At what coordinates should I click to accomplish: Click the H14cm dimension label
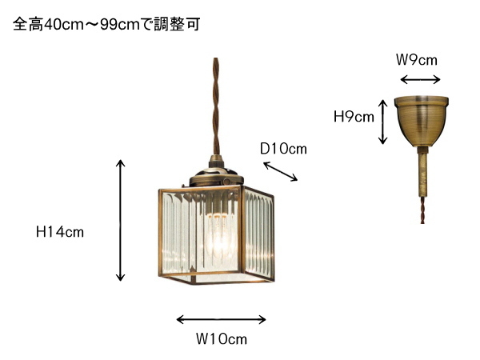(60, 232)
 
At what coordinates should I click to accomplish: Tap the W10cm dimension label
(222, 339)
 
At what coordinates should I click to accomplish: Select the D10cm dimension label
(283, 149)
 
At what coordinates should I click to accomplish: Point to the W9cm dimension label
(417, 60)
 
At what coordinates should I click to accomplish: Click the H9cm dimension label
(354, 117)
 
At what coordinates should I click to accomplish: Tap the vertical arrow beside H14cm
(121, 220)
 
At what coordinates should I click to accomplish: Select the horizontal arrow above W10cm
(221, 319)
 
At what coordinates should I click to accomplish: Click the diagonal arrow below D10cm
(281, 171)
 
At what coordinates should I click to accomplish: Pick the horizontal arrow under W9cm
(420, 80)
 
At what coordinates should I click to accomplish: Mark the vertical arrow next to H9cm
(382, 122)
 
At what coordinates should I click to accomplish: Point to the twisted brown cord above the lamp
(216, 106)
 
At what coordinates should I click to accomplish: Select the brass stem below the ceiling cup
(422, 172)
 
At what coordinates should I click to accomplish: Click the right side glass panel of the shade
(258, 234)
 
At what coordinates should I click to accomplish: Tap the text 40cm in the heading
(64, 25)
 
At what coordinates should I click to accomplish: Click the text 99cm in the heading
(120, 25)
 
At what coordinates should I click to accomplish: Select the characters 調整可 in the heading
(177, 24)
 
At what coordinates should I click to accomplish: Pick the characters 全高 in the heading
(28, 24)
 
